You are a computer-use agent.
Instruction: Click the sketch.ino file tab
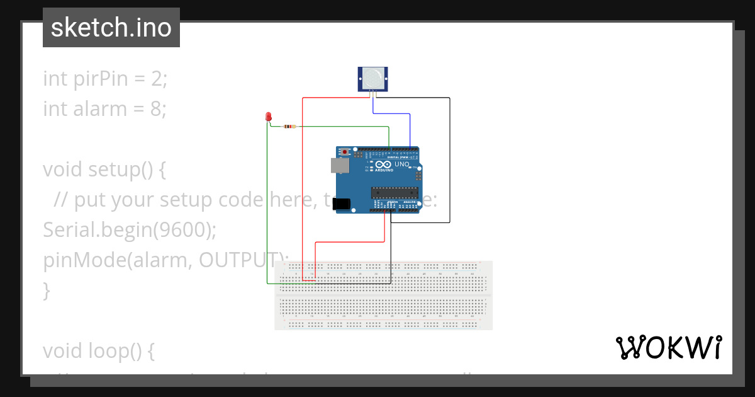pos(111,28)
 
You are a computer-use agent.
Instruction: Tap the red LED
pos(269,117)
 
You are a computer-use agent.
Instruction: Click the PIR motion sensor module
pos(372,79)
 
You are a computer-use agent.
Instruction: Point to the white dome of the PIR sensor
pos(372,78)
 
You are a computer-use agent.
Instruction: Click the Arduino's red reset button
pos(345,152)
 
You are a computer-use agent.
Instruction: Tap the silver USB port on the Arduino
pos(340,165)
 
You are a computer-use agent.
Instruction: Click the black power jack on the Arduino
pos(341,204)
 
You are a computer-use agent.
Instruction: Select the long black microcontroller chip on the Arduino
pos(394,193)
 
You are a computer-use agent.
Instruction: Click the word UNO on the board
pos(402,164)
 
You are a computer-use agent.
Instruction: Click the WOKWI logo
pos(668,347)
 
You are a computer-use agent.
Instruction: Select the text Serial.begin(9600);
pos(130,231)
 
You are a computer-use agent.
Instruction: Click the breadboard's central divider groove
pos(383,294)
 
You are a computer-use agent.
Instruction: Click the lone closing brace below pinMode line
pos(46,291)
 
